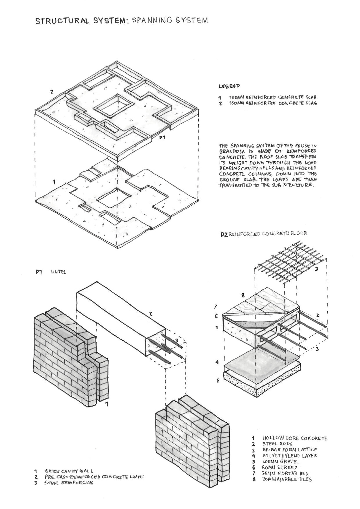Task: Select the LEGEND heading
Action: click(229, 86)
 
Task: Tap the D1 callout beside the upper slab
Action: click(162, 137)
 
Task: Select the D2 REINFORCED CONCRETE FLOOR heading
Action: click(264, 234)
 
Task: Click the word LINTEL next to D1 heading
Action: click(58, 272)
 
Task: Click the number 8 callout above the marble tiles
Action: click(243, 295)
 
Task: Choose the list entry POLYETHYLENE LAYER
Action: click(290, 456)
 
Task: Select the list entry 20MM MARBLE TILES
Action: click(287, 479)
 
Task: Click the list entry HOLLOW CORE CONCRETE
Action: click(295, 438)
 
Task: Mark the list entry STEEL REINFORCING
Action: click(69, 483)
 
